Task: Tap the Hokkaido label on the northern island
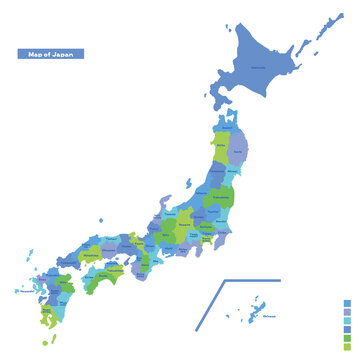click(259, 68)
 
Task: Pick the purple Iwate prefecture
click(237, 150)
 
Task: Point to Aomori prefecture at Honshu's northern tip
click(229, 128)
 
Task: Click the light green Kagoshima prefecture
click(47, 318)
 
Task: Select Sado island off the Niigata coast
click(188, 183)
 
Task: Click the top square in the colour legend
click(347, 302)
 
